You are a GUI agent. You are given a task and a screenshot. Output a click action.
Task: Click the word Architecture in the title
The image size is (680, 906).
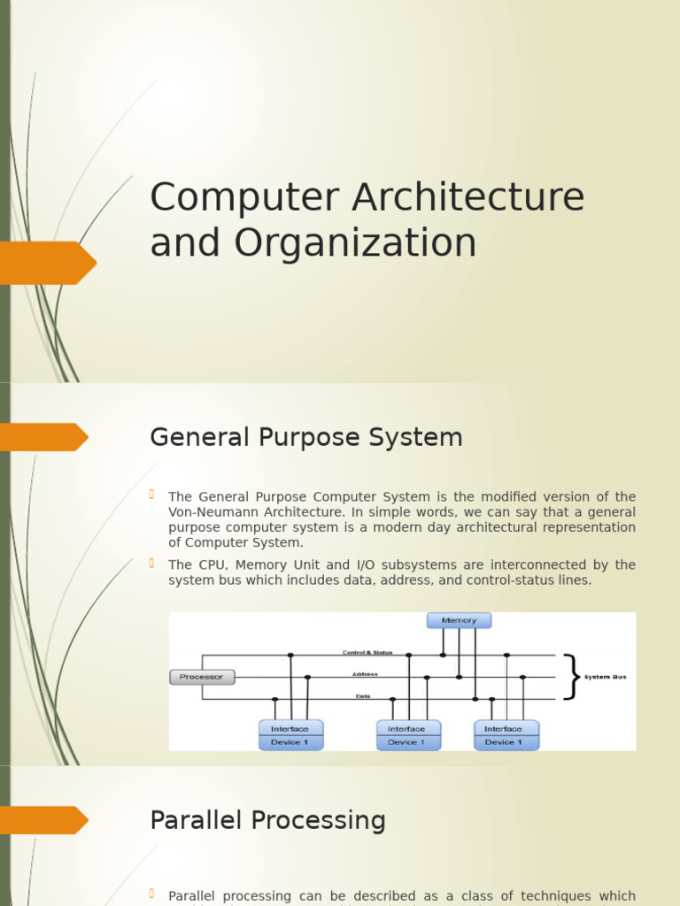tap(467, 197)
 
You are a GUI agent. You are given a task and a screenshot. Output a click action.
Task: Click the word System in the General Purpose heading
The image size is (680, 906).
tap(420, 437)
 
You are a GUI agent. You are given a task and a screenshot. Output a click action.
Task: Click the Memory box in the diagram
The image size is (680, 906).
tap(459, 620)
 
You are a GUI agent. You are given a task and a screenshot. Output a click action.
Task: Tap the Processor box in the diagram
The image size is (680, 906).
tap(202, 677)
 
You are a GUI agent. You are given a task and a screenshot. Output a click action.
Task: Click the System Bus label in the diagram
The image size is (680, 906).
tap(605, 677)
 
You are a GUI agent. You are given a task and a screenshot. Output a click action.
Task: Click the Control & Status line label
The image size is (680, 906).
tap(367, 652)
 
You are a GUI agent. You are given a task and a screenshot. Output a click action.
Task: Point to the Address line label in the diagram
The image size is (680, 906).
tap(365, 674)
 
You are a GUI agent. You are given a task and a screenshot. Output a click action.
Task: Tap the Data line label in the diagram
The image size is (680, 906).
tap(363, 696)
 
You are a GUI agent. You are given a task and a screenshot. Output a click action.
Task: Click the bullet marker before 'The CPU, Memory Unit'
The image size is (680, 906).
tap(152, 563)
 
